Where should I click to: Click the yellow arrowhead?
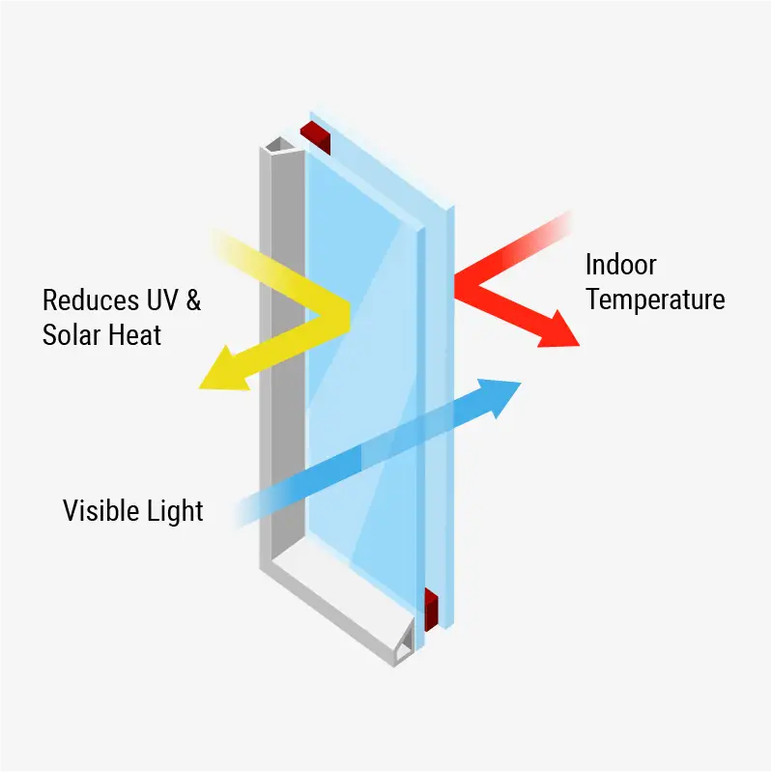tap(220, 372)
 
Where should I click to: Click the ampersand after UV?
tap(193, 300)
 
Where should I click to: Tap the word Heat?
tap(134, 335)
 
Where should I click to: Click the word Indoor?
tap(620, 265)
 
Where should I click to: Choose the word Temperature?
tap(654, 300)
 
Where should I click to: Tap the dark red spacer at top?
tap(317, 136)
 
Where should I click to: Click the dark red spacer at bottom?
tap(432, 607)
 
